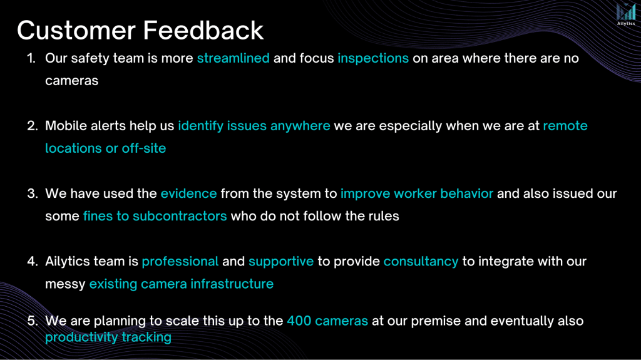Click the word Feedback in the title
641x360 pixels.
point(203,30)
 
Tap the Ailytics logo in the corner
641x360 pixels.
point(626,15)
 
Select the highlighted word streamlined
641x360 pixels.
point(233,58)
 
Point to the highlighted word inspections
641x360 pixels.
point(373,58)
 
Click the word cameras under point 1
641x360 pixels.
point(71,81)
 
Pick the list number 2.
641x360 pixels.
point(33,126)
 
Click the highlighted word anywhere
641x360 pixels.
point(300,126)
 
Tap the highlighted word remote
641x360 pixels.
point(565,126)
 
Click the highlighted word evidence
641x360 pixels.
point(188,193)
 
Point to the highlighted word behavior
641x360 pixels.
point(466,193)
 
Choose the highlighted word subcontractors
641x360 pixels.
point(180,216)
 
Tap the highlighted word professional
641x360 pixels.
point(180,262)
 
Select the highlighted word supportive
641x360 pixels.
point(281,262)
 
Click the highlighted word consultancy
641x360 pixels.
point(421,262)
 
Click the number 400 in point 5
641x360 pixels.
point(299,321)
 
